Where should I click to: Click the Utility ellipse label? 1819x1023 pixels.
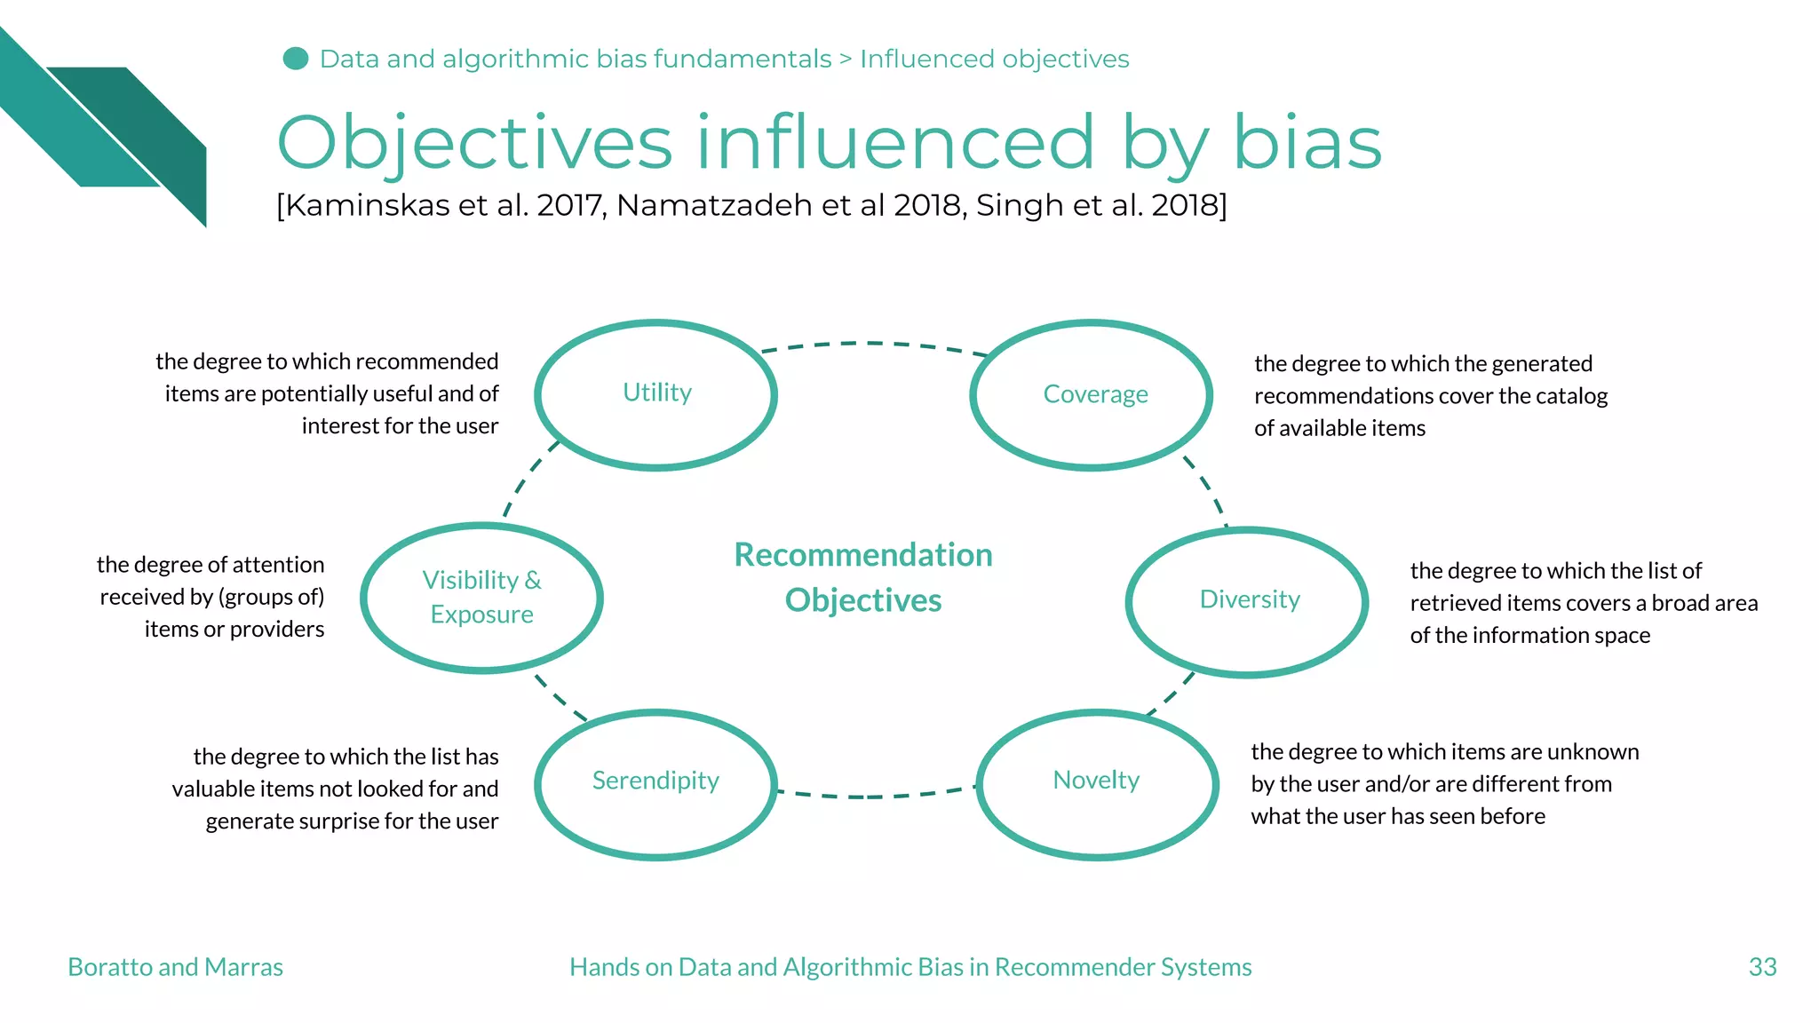point(656,393)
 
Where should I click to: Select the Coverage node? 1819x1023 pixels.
point(1094,394)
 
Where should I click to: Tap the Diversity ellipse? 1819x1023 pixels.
point(1249,600)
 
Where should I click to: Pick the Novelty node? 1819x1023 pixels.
point(1096,781)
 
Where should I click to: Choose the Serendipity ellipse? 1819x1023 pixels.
point(655,781)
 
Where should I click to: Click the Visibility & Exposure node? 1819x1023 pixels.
point(481,597)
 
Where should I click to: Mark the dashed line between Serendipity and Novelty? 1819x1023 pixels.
point(875,796)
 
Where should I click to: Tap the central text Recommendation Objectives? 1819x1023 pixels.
point(863,577)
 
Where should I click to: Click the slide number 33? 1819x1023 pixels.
point(1762,967)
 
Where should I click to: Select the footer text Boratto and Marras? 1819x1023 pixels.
point(175,967)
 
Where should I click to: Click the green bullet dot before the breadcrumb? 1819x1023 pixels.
point(295,59)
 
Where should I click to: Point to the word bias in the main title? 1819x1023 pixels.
point(1307,143)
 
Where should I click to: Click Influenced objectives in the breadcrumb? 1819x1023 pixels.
point(994,59)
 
